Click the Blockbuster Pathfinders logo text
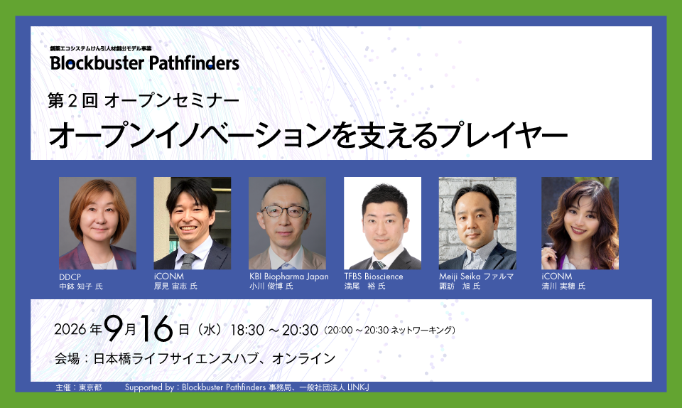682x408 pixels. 144,63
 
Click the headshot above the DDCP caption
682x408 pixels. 97,223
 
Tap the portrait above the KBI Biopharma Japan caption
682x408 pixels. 287,223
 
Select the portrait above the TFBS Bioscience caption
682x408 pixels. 382,223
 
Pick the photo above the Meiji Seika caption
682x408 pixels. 477,223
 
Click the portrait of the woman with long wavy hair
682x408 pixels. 580,223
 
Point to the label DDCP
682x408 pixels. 70,277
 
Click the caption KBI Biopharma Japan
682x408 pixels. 289,277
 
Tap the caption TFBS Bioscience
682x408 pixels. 374,277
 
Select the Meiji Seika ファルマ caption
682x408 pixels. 476,277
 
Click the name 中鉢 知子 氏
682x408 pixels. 81,286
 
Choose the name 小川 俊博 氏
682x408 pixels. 271,286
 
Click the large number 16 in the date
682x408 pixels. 156,329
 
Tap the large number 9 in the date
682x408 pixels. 114,329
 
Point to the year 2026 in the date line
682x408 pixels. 70,330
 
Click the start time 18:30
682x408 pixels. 247,331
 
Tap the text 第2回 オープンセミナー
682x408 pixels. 144,101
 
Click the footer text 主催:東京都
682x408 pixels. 79,387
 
